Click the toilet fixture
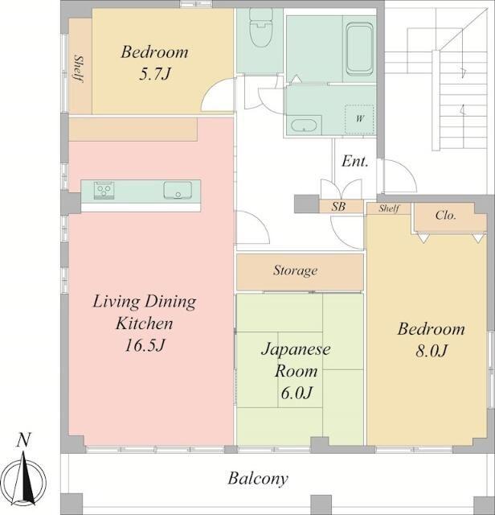[x=261, y=27]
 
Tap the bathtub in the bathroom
[x=360, y=49]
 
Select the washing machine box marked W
[x=359, y=120]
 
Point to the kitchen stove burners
[x=104, y=190]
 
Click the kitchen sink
[x=178, y=190]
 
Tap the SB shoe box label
[x=338, y=207]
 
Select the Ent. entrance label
[x=354, y=161]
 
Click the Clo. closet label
[x=445, y=215]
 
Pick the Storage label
[x=295, y=270]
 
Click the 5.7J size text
[x=155, y=74]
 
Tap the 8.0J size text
[x=432, y=351]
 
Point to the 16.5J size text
[x=145, y=345]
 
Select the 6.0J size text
[x=297, y=393]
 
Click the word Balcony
[x=258, y=479]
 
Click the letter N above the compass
[x=23, y=440]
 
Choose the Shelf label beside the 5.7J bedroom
[x=79, y=69]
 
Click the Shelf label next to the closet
[x=389, y=208]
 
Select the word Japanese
[x=296, y=349]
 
